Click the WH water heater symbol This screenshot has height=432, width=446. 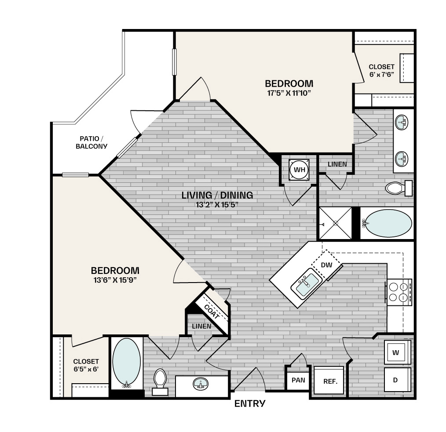[299, 170]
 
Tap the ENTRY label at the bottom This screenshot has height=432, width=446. [250, 403]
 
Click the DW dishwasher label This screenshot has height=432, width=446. [326, 265]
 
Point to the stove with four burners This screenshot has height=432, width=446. [398, 292]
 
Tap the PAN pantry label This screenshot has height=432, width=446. [298, 380]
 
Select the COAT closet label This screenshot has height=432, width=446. [212, 312]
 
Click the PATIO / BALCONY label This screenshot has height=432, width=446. [91, 142]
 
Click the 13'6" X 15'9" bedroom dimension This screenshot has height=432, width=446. [115, 280]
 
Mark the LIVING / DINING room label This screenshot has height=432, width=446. [217, 195]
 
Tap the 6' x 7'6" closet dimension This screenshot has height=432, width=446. [381, 74]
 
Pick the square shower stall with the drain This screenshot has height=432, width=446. [335, 223]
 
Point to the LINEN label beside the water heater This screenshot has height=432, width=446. [337, 164]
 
